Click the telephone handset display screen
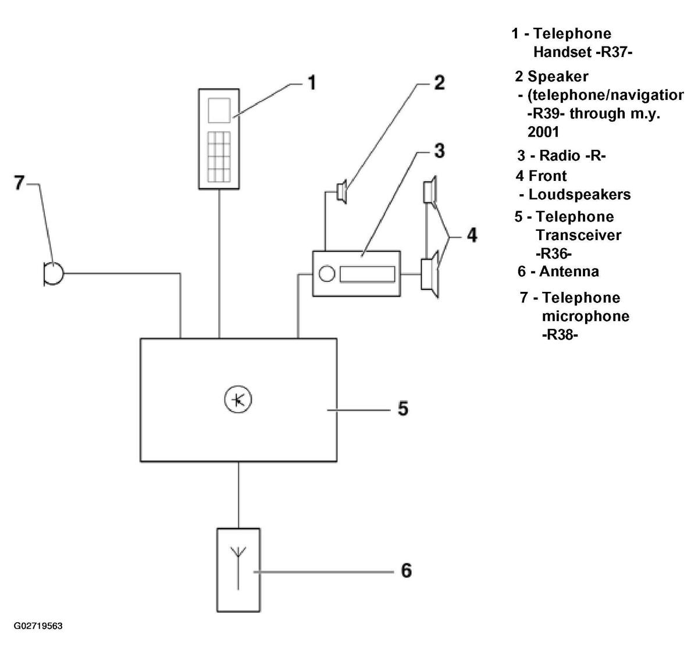tap(219, 110)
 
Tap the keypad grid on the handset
tap(219, 157)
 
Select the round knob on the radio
tap(326, 274)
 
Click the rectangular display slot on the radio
tap(367, 274)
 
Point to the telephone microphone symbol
tap(54, 274)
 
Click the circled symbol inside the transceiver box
tap(238, 400)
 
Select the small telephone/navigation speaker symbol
tap(341, 191)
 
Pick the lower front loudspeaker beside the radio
tap(430, 274)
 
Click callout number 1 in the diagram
tap(312, 83)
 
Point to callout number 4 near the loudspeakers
tap(472, 235)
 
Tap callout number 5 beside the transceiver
tap(403, 408)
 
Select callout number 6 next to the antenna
tap(406, 570)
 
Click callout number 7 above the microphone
tap(19, 183)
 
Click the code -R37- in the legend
tap(615, 52)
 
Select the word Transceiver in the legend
tap(579, 235)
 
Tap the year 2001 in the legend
tap(543, 132)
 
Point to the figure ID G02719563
tap(38, 626)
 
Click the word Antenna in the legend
tap(569, 272)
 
